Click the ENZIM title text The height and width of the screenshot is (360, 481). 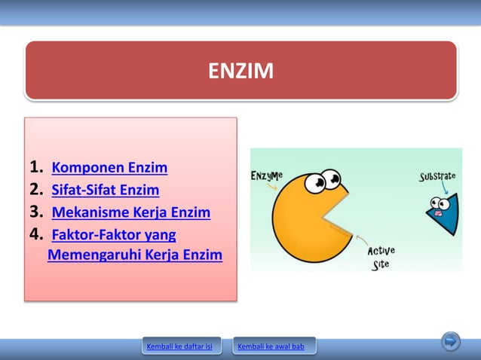[x=240, y=71]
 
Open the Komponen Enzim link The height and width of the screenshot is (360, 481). [x=109, y=167]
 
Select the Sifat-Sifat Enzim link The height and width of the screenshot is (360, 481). [x=105, y=190]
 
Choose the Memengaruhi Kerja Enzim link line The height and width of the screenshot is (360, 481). [x=135, y=255]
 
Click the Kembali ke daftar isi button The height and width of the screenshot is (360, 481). [x=181, y=346]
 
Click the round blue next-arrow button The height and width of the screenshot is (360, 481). [x=451, y=341]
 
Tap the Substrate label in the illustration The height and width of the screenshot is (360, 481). [x=437, y=177]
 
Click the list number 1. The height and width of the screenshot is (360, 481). [x=35, y=167]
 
